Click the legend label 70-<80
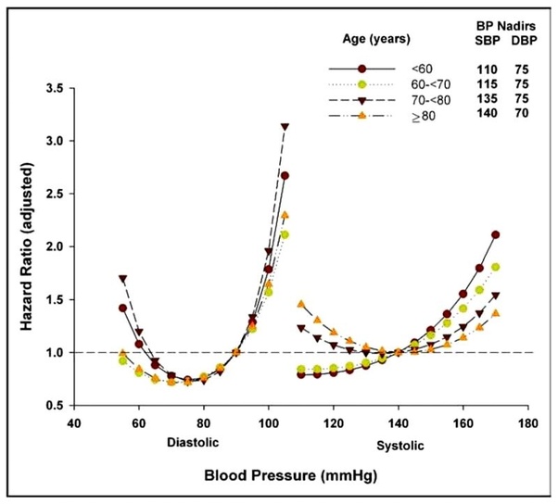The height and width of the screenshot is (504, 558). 425,101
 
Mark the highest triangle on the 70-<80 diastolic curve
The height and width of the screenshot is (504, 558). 285,127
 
